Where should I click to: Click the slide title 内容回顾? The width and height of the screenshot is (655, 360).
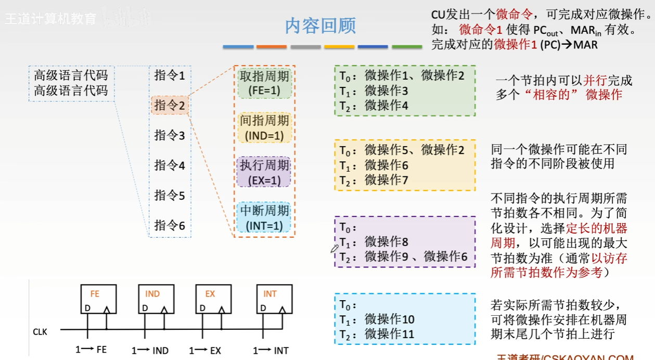pos(320,26)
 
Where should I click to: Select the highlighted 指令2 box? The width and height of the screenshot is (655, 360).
pos(170,106)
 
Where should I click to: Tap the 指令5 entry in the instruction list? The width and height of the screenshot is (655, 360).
pos(170,196)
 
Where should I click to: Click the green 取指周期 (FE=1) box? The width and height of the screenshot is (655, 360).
pos(264,83)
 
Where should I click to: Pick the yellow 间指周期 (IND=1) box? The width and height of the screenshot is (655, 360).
pos(264,128)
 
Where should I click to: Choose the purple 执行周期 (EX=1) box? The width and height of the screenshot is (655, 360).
pos(264,173)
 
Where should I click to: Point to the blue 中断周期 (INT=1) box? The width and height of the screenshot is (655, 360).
pos(264,217)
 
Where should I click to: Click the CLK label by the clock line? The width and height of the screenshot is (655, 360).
pos(40,331)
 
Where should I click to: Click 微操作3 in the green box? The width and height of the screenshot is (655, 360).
pos(387,91)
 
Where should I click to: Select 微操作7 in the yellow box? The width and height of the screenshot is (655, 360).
pos(387,180)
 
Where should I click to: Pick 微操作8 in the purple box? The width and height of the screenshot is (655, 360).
pos(387,241)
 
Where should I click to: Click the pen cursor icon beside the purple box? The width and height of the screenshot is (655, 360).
pos(334,248)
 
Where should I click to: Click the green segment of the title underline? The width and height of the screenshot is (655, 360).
pos(407,47)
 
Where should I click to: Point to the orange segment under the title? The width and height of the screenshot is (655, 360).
pos(272,47)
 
